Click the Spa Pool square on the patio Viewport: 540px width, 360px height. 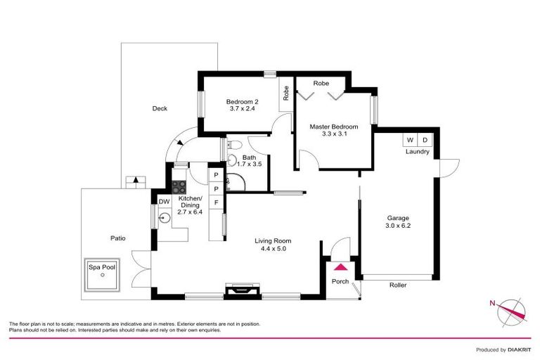click(x=103, y=275)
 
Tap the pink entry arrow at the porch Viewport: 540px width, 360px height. click(x=341, y=267)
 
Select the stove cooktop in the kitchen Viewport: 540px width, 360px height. click(x=179, y=187)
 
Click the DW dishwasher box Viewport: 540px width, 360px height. click(x=164, y=202)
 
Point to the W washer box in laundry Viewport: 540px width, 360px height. click(x=410, y=140)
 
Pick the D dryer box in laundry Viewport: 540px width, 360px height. click(x=425, y=140)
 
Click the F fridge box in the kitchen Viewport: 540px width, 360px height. click(x=217, y=202)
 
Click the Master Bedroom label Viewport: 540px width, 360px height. click(x=334, y=127)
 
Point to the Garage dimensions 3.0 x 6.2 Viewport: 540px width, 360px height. click(x=397, y=226)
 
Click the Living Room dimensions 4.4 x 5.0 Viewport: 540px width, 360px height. click(x=271, y=248)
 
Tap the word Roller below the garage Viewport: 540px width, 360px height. click(x=399, y=285)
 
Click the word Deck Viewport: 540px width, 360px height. click(x=160, y=108)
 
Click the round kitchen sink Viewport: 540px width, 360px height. click(x=163, y=218)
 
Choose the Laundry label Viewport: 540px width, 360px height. click(x=417, y=152)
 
